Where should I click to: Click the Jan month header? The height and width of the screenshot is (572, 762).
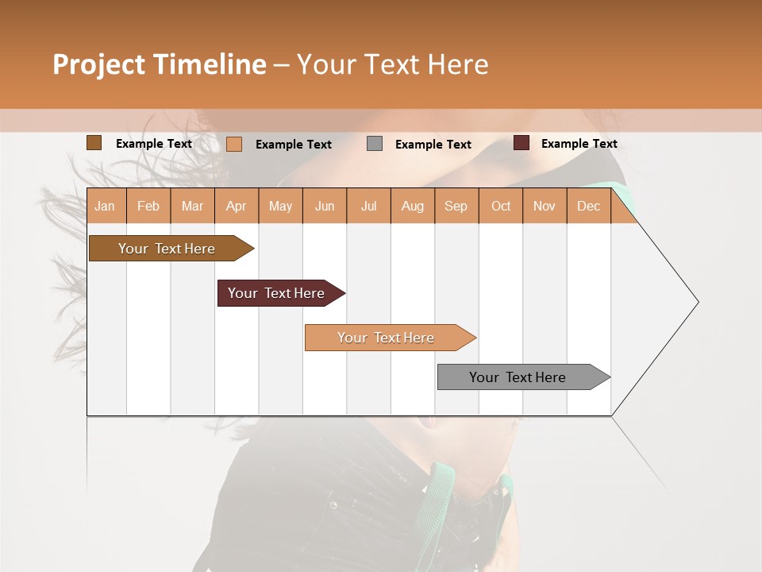[105, 206]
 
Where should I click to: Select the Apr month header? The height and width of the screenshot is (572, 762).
[237, 206]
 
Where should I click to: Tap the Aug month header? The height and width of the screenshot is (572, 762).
[413, 206]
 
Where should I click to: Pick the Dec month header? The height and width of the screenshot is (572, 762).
[588, 206]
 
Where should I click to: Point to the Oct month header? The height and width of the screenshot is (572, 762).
[501, 206]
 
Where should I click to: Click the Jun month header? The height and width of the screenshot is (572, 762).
[325, 206]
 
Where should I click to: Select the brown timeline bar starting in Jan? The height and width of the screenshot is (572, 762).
[167, 249]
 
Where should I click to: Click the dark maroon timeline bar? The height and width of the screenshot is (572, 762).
[276, 293]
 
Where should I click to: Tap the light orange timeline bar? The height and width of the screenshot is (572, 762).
[386, 338]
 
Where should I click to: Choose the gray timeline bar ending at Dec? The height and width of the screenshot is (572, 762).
[518, 377]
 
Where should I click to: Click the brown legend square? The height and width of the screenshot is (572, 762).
[94, 143]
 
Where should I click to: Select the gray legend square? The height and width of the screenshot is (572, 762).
[375, 144]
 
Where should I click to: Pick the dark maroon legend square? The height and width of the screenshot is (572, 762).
[521, 143]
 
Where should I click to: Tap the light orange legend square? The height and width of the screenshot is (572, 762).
[234, 144]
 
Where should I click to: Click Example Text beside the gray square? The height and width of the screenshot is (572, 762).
[433, 144]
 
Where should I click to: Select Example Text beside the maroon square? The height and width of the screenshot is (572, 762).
[579, 143]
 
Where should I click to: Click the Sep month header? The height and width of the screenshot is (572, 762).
[456, 206]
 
